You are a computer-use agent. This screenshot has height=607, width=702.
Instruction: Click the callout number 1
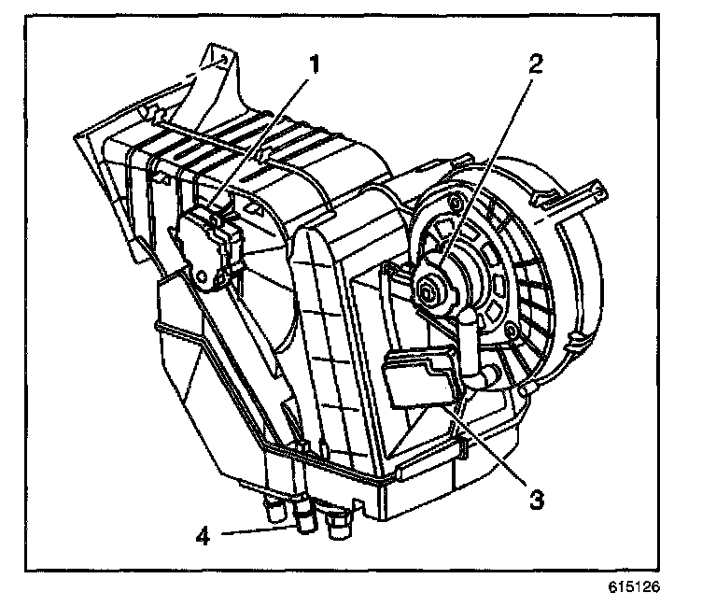pyautogui.click(x=316, y=64)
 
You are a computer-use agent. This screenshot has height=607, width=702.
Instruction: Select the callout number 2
pyautogui.click(x=536, y=64)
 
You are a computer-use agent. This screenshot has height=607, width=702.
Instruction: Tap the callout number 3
pyautogui.click(x=537, y=500)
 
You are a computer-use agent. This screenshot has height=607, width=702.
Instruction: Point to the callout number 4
pyautogui.click(x=204, y=535)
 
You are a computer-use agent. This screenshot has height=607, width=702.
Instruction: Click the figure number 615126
pyautogui.click(x=634, y=586)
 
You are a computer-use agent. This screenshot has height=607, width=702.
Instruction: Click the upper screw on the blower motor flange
pyautogui.click(x=456, y=203)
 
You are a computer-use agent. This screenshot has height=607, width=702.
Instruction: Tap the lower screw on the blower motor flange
pyautogui.click(x=510, y=332)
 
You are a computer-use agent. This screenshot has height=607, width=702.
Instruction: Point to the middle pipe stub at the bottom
pyautogui.click(x=304, y=519)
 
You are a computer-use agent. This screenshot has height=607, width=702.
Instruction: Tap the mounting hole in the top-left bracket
pyautogui.click(x=224, y=58)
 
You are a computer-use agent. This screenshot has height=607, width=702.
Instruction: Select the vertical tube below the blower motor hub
pyautogui.click(x=468, y=341)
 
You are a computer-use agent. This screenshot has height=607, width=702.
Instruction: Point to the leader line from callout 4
pyautogui.click(x=260, y=530)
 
